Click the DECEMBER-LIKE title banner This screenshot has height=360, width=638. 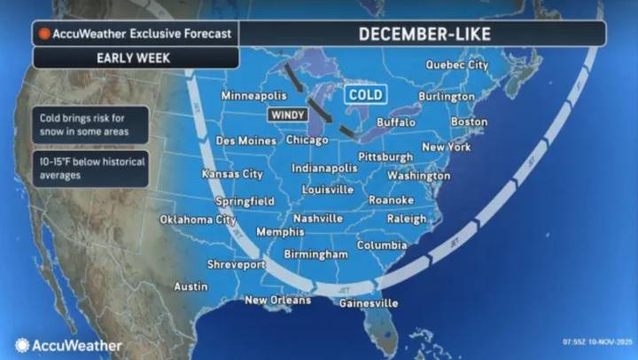click(423, 34)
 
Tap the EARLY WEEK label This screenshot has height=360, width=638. click(135, 58)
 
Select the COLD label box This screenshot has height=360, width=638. click(365, 93)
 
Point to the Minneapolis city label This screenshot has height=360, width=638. click(254, 95)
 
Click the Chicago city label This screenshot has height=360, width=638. click(307, 140)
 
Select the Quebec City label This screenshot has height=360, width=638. click(456, 65)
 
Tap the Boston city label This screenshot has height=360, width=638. click(469, 121)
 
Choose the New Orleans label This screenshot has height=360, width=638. click(277, 300)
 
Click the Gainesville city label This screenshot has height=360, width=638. click(369, 302)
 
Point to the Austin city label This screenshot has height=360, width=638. click(191, 286)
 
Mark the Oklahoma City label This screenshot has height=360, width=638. click(198, 219)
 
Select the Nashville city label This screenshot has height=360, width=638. click(318, 218)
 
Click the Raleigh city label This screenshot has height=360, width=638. click(406, 218)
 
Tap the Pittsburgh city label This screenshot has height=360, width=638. click(385, 156)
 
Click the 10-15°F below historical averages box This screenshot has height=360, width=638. click(91, 168)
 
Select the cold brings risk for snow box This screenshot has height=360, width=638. click(91, 125)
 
